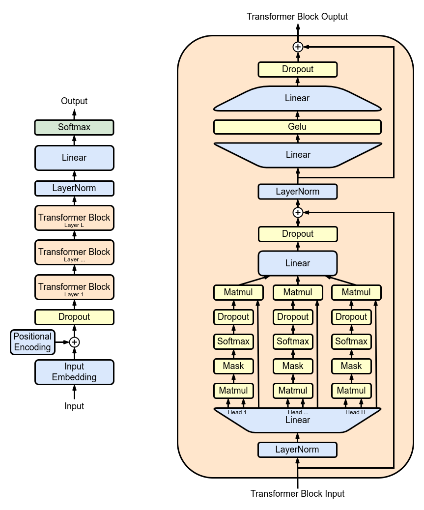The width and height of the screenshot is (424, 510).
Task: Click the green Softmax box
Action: [74, 127]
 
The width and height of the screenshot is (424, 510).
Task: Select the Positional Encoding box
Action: [32, 342]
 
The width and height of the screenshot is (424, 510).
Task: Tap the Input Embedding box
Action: [74, 372]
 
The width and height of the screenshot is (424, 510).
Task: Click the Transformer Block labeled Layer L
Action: [74, 218]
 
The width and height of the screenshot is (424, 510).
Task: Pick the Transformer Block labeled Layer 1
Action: [74, 287]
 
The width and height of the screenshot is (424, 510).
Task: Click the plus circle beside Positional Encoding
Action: [74, 342]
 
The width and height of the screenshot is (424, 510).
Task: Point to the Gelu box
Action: [297, 127]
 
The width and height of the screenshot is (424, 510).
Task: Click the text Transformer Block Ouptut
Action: [297, 17]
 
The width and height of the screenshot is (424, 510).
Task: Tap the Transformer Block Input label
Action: [297, 493]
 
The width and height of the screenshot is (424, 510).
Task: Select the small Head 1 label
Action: [237, 412]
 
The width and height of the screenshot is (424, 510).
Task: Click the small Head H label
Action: [355, 412]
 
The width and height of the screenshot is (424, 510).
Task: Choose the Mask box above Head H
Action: [351, 366]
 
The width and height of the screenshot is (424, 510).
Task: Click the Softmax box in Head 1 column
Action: [233, 341]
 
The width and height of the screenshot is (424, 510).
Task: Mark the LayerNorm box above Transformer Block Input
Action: [297, 450]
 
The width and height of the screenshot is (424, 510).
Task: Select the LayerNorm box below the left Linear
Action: [74, 188]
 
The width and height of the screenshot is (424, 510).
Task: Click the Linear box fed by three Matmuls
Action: [297, 263]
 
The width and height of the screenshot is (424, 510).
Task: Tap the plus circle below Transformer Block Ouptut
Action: [297, 47]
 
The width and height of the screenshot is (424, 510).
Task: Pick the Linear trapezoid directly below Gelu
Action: [297, 155]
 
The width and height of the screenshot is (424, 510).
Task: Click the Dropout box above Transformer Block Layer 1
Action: [74, 317]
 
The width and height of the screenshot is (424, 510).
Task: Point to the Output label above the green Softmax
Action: [74, 101]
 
